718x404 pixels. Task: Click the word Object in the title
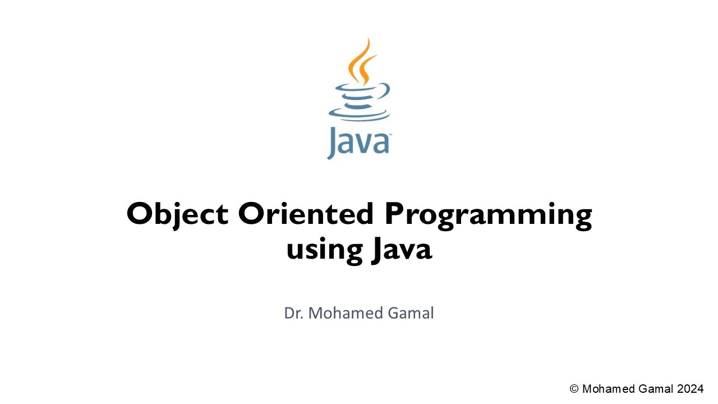pos(177,214)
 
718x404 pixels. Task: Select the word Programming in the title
pos(487,216)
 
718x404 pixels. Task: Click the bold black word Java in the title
pos(401,249)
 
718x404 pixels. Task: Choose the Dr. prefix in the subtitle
pos(294,313)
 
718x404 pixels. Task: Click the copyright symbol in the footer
pos(574,389)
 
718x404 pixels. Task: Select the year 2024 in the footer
pos(690,389)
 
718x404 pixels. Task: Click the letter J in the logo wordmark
pos(332,144)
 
